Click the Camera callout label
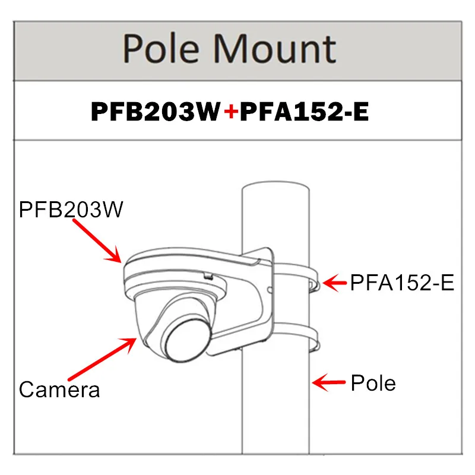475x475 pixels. [x=59, y=389]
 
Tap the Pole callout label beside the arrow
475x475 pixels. [x=373, y=382]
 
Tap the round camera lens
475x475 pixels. [x=185, y=341]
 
